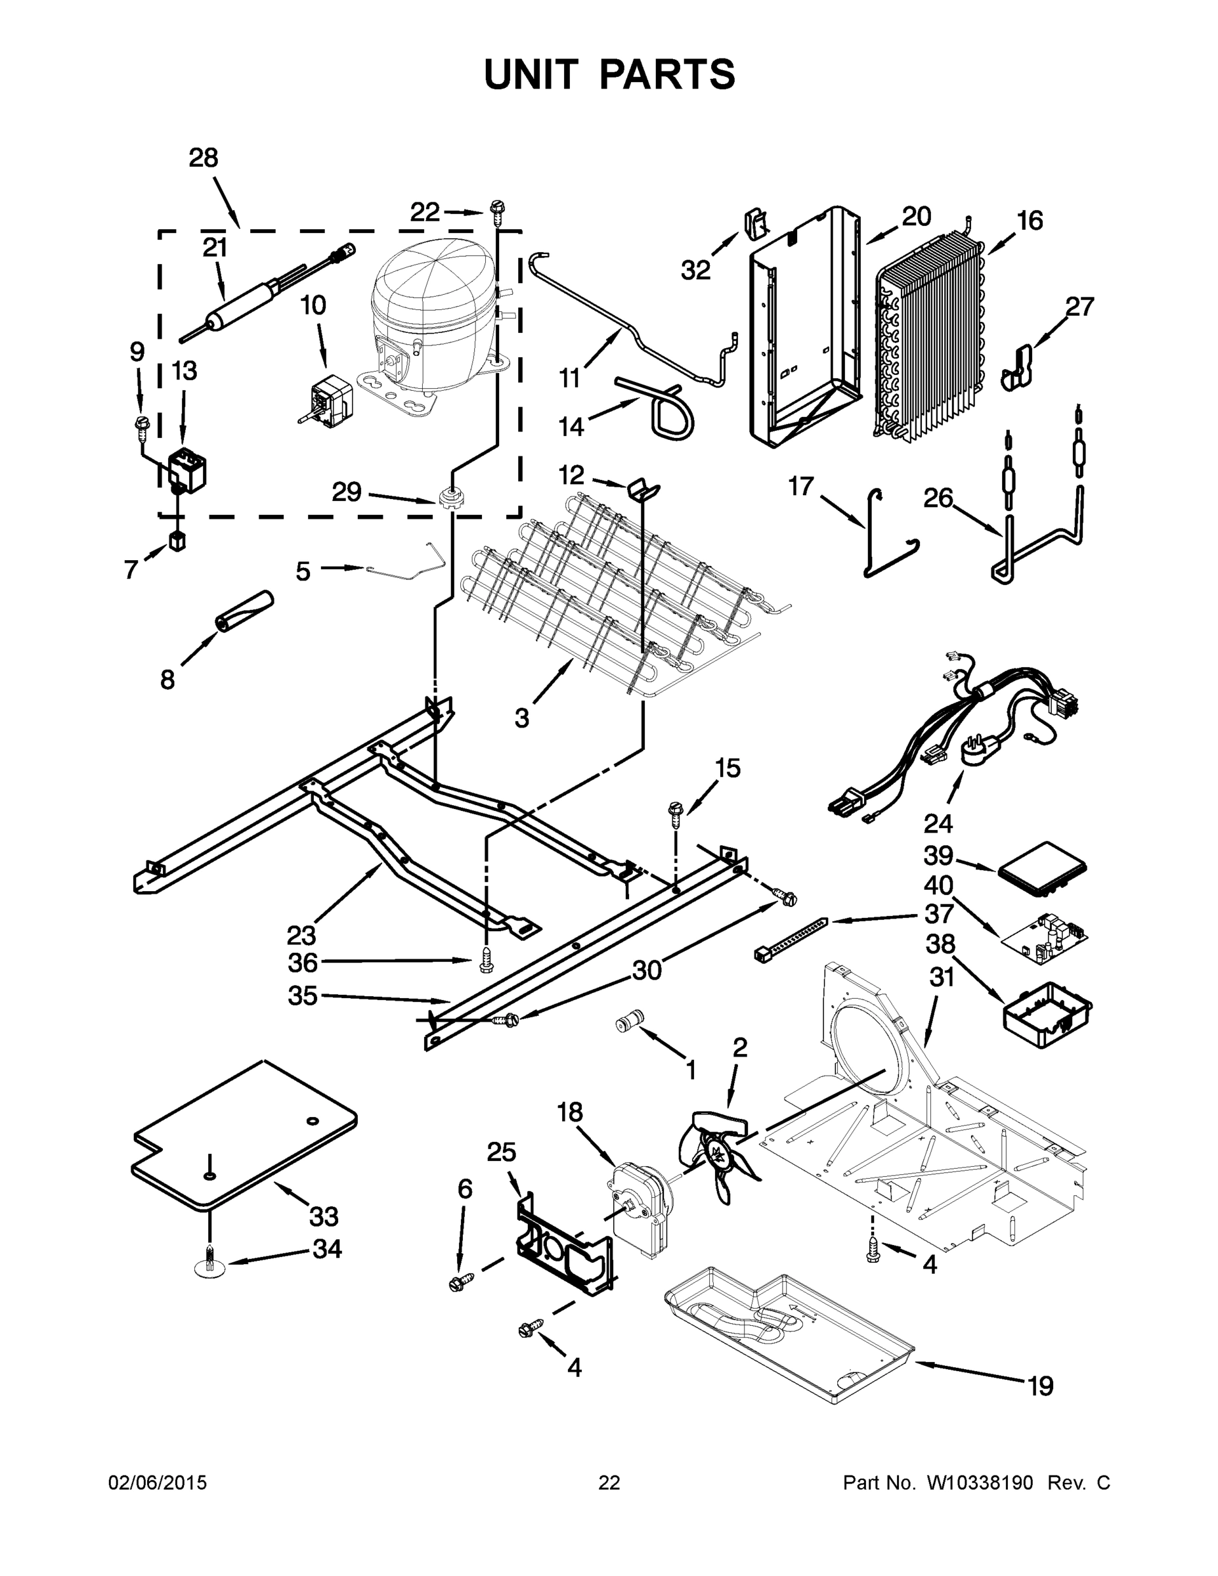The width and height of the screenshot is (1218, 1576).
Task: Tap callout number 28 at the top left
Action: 204,158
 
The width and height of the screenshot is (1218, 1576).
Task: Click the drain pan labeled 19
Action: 787,1335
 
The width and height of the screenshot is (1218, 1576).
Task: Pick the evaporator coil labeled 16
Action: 931,336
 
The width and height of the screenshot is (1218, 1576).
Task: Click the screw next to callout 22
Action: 497,211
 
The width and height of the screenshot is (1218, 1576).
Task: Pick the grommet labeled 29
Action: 450,497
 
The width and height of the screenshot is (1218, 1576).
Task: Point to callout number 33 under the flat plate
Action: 323,1217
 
